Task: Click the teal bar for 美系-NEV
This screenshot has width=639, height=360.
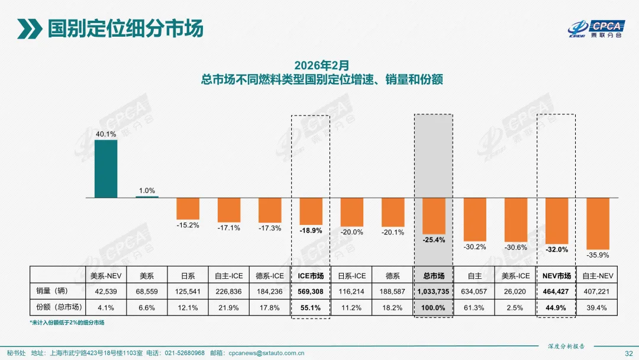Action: point(106,169)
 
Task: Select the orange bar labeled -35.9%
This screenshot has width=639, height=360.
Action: point(597,223)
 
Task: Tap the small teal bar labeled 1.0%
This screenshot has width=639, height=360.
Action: point(147,197)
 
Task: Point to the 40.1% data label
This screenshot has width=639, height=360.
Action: point(106,134)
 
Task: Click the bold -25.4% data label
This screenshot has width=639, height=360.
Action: point(434,240)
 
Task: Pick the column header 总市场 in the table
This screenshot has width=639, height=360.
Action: point(434,275)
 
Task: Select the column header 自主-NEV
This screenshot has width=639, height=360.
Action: point(597,275)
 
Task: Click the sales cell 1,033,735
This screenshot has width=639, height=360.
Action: point(434,291)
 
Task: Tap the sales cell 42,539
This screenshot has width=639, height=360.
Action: point(106,291)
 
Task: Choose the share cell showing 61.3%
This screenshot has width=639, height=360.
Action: point(475,307)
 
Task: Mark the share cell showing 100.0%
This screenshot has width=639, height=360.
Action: point(434,307)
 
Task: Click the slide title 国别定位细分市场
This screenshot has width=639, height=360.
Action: point(125,28)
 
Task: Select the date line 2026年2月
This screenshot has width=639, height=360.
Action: point(322,65)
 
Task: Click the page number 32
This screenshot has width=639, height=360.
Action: point(629,353)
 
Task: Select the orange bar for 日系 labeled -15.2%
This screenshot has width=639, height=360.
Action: point(188,208)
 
